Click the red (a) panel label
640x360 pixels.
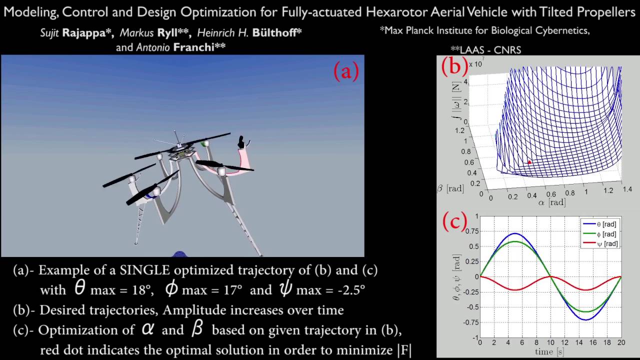pos(346,71)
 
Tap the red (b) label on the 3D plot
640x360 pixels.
pos(454,65)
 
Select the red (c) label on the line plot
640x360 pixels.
pos(454,221)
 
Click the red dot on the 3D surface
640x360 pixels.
pos(529,162)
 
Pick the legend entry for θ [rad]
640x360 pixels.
pos(600,224)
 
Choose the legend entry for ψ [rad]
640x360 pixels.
pos(600,244)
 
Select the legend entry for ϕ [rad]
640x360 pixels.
pos(600,234)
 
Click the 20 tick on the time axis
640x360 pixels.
pos(621,343)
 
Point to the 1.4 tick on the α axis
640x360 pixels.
pos(627,189)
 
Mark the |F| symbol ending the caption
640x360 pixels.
pos(404,350)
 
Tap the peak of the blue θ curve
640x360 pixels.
pos(515,233)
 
